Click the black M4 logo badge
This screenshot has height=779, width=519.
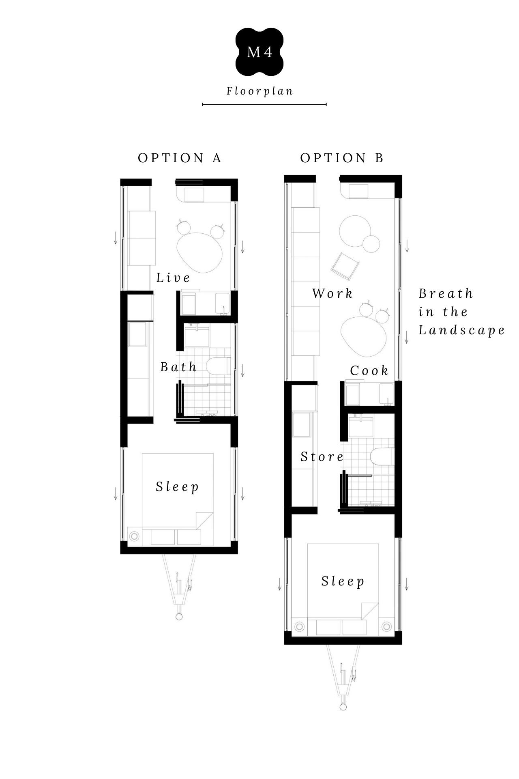coord(259,52)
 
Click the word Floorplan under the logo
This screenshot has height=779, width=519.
coord(260,91)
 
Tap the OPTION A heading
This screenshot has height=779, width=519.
coord(180,158)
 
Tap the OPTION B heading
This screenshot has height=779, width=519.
coord(342,158)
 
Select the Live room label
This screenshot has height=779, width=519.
coord(174,278)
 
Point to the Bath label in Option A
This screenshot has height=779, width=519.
coord(178,367)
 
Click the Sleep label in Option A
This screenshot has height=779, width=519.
coord(178,486)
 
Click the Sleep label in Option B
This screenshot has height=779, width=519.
coord(343,581)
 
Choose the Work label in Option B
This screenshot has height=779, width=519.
coord(332,293)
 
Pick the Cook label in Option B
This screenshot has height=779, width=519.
coord(369,370)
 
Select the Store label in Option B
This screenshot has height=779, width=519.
coord(322,457)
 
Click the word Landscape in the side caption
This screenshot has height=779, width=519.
coord(462,330)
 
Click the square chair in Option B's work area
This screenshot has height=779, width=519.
coord(346,266)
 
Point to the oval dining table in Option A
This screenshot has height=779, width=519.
coord(200,252)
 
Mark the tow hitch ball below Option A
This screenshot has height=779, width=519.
coord(179,617)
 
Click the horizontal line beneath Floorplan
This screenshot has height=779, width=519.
coord(264,104)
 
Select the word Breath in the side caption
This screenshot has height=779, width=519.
coord(446,293)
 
